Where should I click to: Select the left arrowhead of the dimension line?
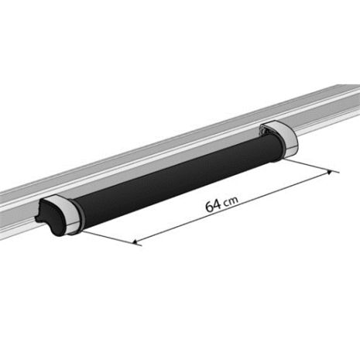click(138, 242)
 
